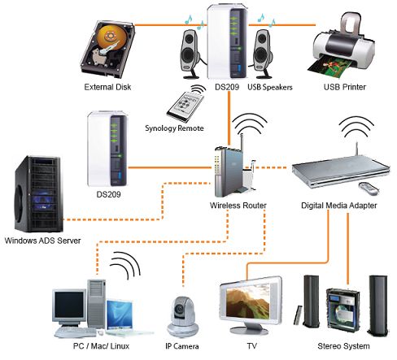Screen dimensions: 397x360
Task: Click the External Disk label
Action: point(107,87)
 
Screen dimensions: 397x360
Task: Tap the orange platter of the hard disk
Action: point(111,37)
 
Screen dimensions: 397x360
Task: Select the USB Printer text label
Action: point(344,87)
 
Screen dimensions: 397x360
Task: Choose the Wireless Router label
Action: point(238,206)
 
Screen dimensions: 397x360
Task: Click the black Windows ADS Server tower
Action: point(37,194)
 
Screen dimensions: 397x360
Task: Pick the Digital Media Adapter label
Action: point(339,206)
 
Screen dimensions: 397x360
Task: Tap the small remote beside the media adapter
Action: point(369,189)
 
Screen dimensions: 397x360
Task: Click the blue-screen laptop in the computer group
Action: point(120,317)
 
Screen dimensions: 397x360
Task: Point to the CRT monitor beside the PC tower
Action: point(70,306)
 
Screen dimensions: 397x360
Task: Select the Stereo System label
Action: point(343,346)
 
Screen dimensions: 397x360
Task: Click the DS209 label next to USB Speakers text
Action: point(227,87)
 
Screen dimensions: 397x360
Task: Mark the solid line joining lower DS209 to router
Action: point(170,167)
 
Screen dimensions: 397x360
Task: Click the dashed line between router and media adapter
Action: point(270,167)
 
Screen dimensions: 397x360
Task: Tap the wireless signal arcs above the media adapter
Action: point(356,128)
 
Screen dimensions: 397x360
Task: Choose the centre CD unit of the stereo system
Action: point(342,310)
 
